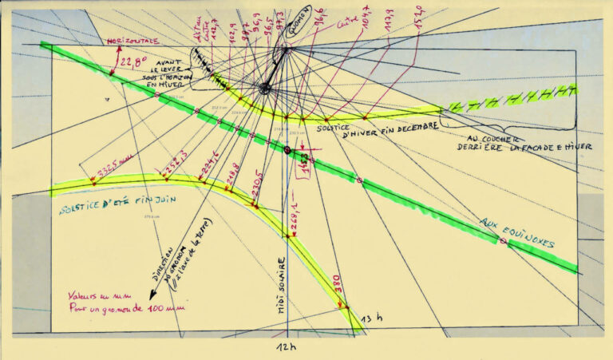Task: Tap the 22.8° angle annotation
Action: tap(133, 61)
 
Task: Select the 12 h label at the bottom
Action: tap(286, 348)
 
